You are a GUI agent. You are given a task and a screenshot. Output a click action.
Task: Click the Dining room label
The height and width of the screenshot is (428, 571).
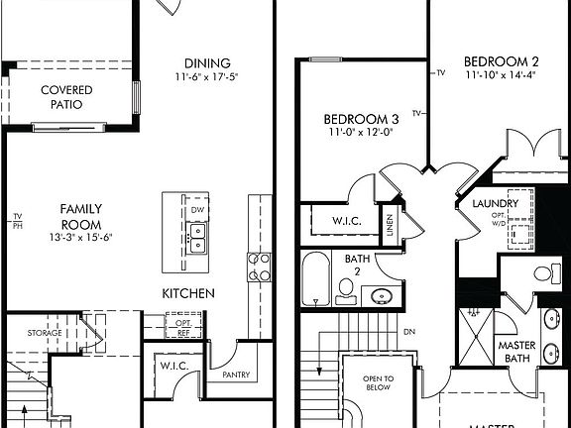click(x=207, y=62)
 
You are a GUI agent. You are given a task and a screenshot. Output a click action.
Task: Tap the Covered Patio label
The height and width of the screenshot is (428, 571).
click(x=67, y=97)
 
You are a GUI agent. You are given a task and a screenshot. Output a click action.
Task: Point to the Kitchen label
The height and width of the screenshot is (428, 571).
click(x=188, y=293)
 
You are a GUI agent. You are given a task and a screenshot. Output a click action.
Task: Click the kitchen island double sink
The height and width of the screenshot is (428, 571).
click(x=196, y=237)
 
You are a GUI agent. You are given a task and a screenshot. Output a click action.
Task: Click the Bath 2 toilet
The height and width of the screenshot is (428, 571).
click(x=346, y=289)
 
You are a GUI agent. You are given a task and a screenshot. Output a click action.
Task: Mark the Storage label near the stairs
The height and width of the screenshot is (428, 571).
click(x=45, y=333)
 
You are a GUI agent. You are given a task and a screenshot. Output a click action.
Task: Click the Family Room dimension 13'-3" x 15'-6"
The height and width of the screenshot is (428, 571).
click(x=82, y=238)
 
